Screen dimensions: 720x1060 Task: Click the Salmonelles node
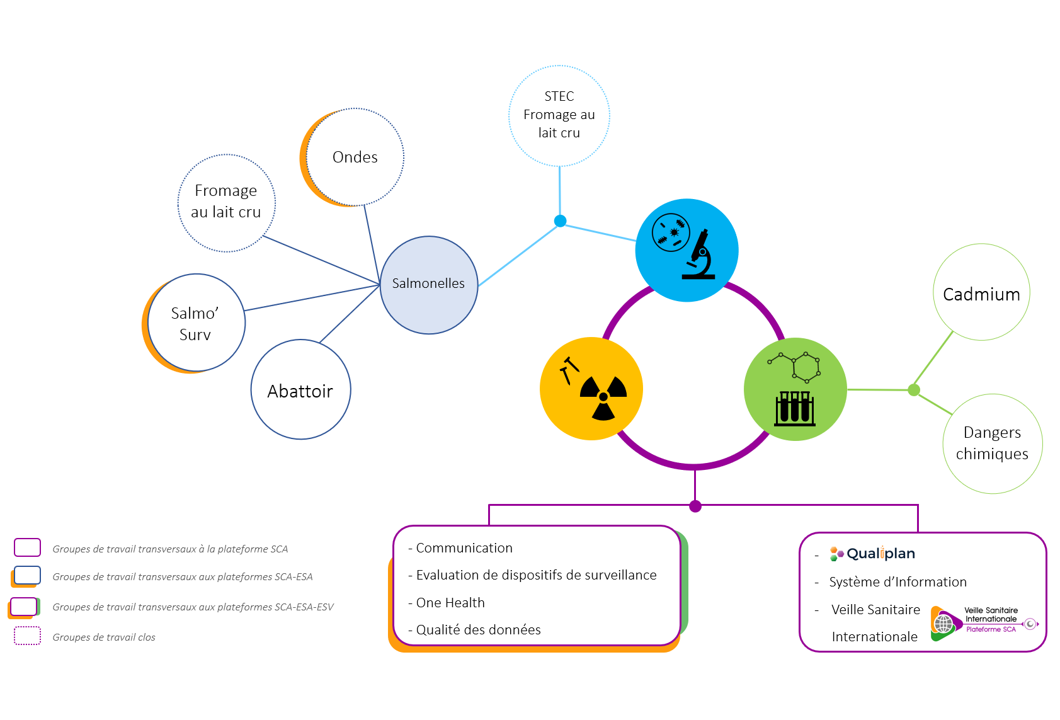(429, 285)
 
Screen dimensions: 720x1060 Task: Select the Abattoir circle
(300, 390)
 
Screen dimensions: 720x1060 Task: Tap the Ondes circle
(355, 157)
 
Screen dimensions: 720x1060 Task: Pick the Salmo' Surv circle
(196, 323)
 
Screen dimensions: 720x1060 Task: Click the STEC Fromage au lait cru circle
(559, 115)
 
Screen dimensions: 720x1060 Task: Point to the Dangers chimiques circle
(993, 443)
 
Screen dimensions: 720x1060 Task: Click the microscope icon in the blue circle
(700, 255)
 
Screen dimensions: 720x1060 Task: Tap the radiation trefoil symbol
(603, 397)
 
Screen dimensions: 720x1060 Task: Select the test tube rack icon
(795, 408)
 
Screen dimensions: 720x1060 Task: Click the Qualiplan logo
(872, 554)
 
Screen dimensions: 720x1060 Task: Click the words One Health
(450, 603)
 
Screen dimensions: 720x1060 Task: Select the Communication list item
(464, 548)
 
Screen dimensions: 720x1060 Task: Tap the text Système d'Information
(898, 582)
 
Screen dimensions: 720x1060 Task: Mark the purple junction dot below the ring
(695, 506)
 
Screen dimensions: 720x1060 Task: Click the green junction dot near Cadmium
(914, 390)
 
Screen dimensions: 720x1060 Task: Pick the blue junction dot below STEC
(560, 220)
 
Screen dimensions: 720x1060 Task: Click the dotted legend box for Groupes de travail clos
(28, 636)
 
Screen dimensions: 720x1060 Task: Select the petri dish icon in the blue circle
(671, 232)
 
